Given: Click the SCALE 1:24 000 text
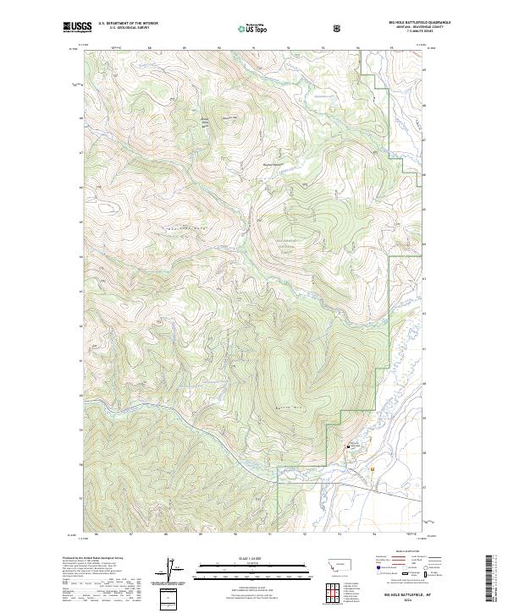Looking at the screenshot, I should coord(253,556).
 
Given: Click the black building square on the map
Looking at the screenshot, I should coord(345,446).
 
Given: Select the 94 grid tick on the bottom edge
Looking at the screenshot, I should coord(373,534).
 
